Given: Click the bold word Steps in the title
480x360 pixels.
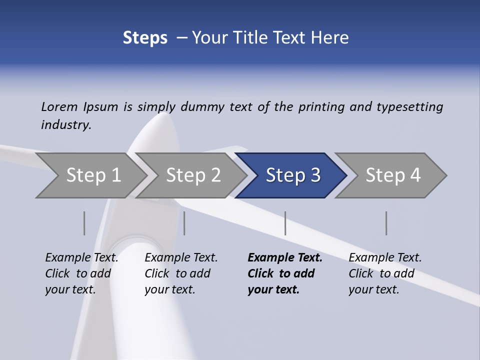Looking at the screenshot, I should pos(145,38).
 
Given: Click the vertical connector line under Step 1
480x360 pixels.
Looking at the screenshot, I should pos(84,223).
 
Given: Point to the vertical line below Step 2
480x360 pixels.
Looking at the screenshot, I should pos(184,223).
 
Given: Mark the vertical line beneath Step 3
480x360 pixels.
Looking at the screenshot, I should pos(285,223).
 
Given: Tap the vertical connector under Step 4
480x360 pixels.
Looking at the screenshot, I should pos(386,223).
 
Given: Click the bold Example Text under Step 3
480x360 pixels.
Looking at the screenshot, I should pos(285,258).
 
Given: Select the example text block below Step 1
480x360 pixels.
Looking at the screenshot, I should pos(81,273).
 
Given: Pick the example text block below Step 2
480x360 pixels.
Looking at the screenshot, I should pos(181,273).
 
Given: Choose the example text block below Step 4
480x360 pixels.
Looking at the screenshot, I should pos(385,273).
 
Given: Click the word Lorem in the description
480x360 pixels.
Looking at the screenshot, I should pos(59,107).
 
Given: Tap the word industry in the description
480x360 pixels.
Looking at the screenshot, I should pos(65,125).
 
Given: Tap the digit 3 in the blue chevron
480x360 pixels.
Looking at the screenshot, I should pos(315,175).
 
